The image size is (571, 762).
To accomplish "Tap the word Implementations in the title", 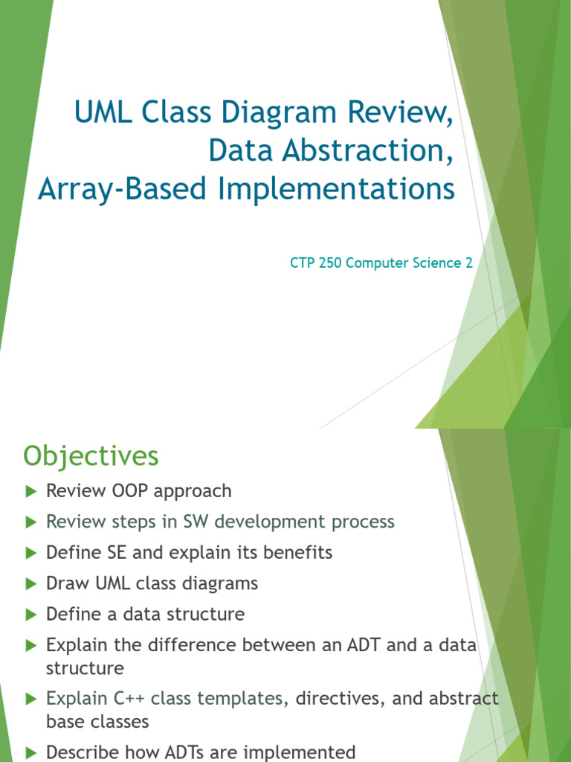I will [336, 189].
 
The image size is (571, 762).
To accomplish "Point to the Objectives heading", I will [91, 455].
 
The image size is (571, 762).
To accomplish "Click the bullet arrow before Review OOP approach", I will [30, 491].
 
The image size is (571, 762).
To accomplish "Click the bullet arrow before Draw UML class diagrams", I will [30, 583].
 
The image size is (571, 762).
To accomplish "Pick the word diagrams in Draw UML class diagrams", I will [223, 583].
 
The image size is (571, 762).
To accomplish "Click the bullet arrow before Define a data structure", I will [30, 615].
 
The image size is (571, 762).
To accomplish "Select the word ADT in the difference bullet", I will [359, 645].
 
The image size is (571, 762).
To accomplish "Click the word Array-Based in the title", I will [124, 189].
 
